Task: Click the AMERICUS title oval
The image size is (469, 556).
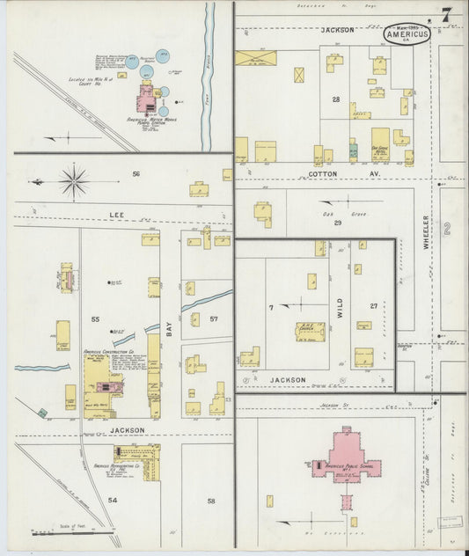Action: pyautogui.click(x=407, y=34)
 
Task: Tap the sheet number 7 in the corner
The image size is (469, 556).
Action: pyautogui.click(x=448, y=15)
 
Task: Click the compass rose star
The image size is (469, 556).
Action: pyautogui.click(x=74, y=182)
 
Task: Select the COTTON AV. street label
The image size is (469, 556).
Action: pyautogui.click(x=328, y=174)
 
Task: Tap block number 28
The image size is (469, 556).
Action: pyautogui.click(x=335, y=99)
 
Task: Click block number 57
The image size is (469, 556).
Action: pyautogui.click(x=213, y=318)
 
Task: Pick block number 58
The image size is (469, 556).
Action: pyautogui.click(x=211, y=501)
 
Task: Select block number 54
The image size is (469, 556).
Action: pyautogui.click(x=112, y=500)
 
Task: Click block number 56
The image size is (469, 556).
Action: pyautogui.click(x=136, y=174)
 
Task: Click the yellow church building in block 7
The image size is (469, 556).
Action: pyautogui.click(x=309, y=333)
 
